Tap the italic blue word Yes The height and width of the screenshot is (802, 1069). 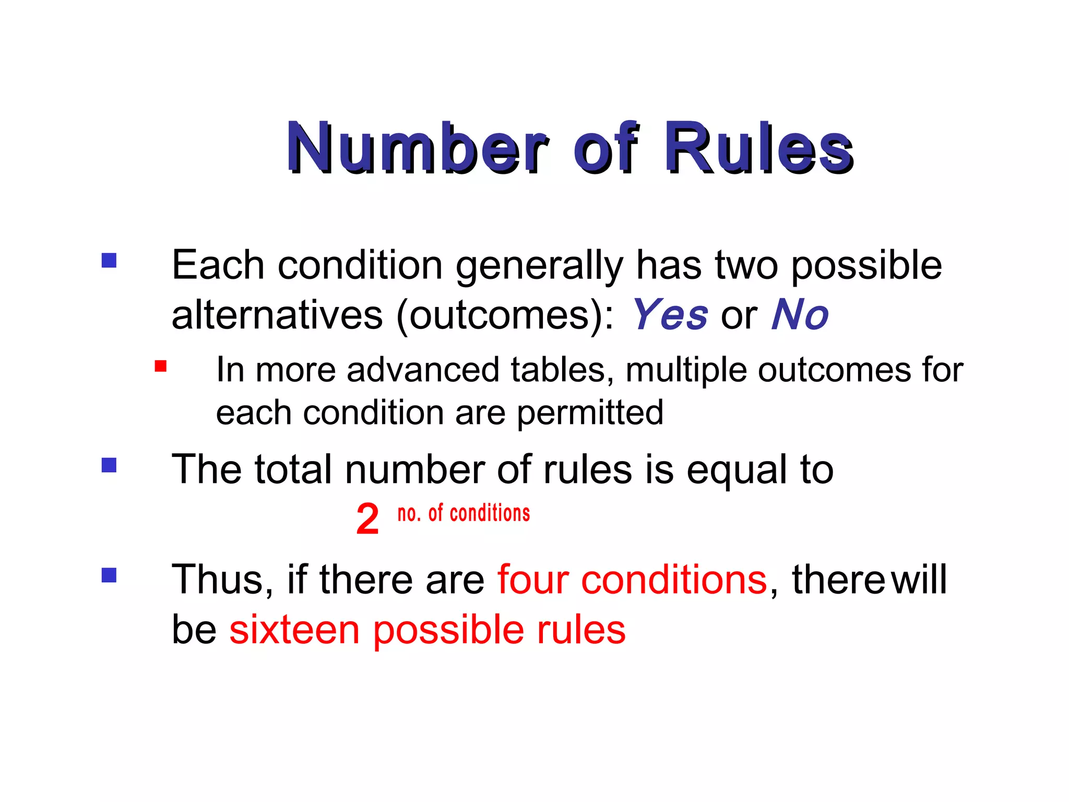pos(670,315)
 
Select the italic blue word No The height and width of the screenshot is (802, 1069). pos(800,315)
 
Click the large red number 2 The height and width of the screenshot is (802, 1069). pos(367,519)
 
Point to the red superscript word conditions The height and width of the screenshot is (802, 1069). pos(490,514)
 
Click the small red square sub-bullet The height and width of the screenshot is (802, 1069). pos(161,366)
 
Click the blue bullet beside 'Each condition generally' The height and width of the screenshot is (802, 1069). pos(109,260)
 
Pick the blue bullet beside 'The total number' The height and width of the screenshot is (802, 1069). pos(109,465)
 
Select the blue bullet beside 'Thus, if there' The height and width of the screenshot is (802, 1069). pos(109,575)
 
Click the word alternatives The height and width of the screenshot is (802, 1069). pos(277,315)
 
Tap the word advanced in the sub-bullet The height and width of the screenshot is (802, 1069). pos(423,370)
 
